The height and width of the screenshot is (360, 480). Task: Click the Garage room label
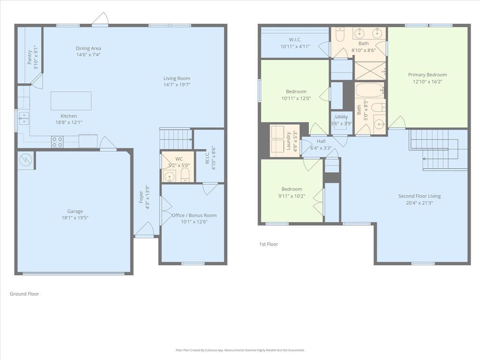[75, 211]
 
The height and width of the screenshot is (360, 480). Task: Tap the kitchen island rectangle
[71, 101]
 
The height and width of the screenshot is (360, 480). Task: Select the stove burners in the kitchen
[57, 142]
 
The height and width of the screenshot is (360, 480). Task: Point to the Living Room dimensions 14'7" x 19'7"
[177, 85]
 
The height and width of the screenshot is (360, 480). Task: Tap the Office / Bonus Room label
[194, 216]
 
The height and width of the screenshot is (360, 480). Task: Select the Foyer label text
[141, 197]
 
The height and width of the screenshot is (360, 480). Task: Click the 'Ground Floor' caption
[24, 294]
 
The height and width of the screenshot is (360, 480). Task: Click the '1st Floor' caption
[269, 244]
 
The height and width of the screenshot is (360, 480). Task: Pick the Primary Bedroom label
[427, 75]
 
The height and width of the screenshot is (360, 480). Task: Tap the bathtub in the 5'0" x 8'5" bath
[369, 90]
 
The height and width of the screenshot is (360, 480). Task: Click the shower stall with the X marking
[369, 70]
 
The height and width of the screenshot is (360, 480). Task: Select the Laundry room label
[289, 141]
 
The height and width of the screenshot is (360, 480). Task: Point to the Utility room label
[342, 117]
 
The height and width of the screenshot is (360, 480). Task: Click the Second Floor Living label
[420, 196]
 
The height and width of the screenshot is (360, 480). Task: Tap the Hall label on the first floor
[321, 141]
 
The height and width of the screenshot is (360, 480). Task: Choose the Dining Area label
[89, 48]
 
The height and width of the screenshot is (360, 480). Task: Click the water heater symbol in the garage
[25, 160]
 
